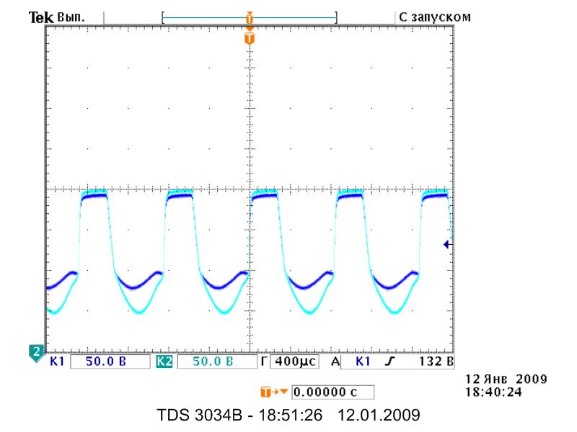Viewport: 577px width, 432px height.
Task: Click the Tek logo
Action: tap(41, 17)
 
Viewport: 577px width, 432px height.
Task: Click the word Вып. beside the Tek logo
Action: tap(71, 17)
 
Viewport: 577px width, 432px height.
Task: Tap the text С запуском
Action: tap(435, 17)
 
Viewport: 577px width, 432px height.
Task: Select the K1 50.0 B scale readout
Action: tap(105, 361)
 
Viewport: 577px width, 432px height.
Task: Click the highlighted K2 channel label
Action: tap(164, 361)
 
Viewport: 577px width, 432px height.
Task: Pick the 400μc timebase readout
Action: tap(296, 361)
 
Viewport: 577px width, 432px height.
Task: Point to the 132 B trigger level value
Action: tap(436, 361)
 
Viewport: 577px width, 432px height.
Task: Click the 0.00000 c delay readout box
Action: tap(332, 392)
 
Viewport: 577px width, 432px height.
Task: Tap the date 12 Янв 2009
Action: tap(506, 379)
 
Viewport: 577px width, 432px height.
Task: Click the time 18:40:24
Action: tap(493, 392)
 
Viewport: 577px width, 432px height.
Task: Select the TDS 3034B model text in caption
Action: tap(200, 415)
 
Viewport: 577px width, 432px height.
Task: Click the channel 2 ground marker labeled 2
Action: tap(36, 353)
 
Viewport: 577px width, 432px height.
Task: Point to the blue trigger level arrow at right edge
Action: tap(448, 244)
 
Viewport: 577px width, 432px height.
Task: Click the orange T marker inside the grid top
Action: tap(250, 38)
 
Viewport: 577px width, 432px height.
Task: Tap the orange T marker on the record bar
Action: tap(250, 17)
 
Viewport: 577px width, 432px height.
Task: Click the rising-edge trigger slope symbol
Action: tap(389, 361)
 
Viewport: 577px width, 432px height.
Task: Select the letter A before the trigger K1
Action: tap(335, 361)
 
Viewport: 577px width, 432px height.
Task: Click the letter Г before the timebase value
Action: tap(264, 361)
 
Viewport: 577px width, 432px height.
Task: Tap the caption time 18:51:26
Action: tap(290, 415)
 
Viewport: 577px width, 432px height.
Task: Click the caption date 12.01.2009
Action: tap(379, 415)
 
